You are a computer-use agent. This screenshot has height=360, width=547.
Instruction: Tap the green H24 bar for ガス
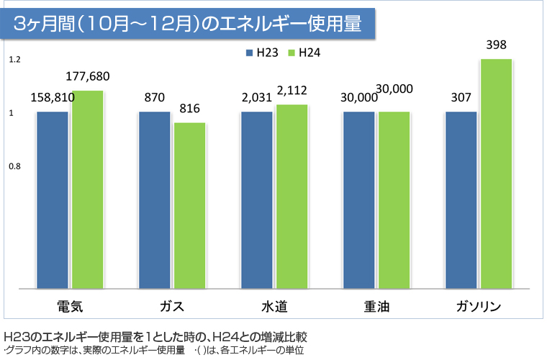pos(190,205)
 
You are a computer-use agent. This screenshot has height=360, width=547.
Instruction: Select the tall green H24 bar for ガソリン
pos(497,173)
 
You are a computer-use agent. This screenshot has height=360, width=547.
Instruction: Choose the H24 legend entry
pos(304,53)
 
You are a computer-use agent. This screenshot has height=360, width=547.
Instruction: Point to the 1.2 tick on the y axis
pos(14,60)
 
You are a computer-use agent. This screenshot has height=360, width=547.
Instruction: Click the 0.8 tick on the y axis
pos(14,166)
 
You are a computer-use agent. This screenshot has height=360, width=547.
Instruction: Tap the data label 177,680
pos(88,76)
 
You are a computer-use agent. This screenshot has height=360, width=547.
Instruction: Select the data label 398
pos(497,45)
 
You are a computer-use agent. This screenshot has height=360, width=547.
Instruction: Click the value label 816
pos(189,109)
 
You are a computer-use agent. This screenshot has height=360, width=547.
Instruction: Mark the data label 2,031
pos(257,98)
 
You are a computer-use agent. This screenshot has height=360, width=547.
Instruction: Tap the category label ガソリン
pos(479,307)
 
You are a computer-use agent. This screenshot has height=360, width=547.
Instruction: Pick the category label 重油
pos(376,307)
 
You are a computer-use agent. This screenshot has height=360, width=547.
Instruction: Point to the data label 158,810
pos(53,98)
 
